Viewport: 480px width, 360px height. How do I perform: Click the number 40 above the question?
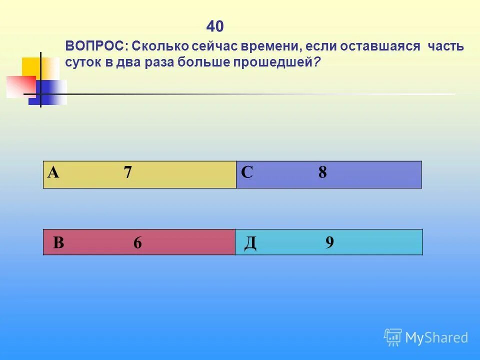pyautogui.click(x=215, y=26)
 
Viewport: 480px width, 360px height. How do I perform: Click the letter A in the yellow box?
pyautogui.click(x=53, y=173)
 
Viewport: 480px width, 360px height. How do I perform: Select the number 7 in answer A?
pyautogui.click(x=128, y=173)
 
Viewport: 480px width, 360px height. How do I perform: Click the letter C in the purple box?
pyautogui.click(x=247, y=173)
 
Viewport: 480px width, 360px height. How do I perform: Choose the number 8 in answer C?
pyautogui.click(x=322, y=173)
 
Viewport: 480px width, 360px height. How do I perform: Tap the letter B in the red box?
pyautogui.click(x=58, y=243)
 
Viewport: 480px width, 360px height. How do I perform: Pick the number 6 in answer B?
pyautogui.click(x=137, y=243)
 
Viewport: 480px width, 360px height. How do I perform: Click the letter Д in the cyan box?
pyautogui.click(x=250, y=243)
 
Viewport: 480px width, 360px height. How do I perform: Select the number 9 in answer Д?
pyautogui.click(x=329, y=242)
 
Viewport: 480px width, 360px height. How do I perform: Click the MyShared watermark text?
pyautogui.click(x=436, y=338)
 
